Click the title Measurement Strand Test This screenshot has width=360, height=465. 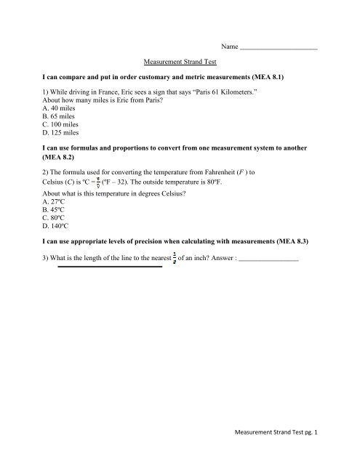coord(179,62)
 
